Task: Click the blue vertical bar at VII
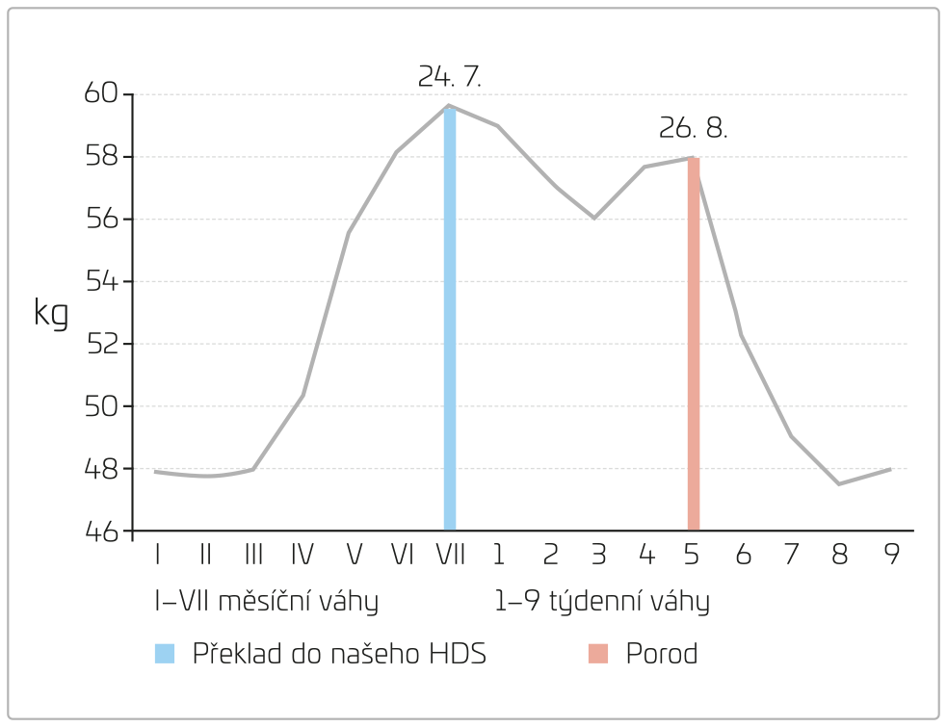pyautogui.click(x=449, y=318)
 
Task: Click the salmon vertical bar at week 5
pyautogui.click(x=693, y=343)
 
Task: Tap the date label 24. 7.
pyautogui.click(x=449, y=77)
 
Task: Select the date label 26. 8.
pyautogui.click(x=693, y=128)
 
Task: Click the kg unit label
pyautogui.click(x=51, y=312)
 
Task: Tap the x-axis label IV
pyautogui.click(x=302, y=555)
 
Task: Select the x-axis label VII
pyautogui.click(x=449, y=555)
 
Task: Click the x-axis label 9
pyautogui.click(x=891, y=555)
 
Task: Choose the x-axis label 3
pyautogui.click(x=597, y=555)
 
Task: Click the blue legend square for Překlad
pyautogui.click(x=165, y=655)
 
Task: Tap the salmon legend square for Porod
pyautogui.click(x=598, y=655)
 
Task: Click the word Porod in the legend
pyautogui.click(x=662, y=655)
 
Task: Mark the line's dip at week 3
pyautogui.click(x=594, y=218)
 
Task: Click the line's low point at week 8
pyautogui.click(x=839, y=483)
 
